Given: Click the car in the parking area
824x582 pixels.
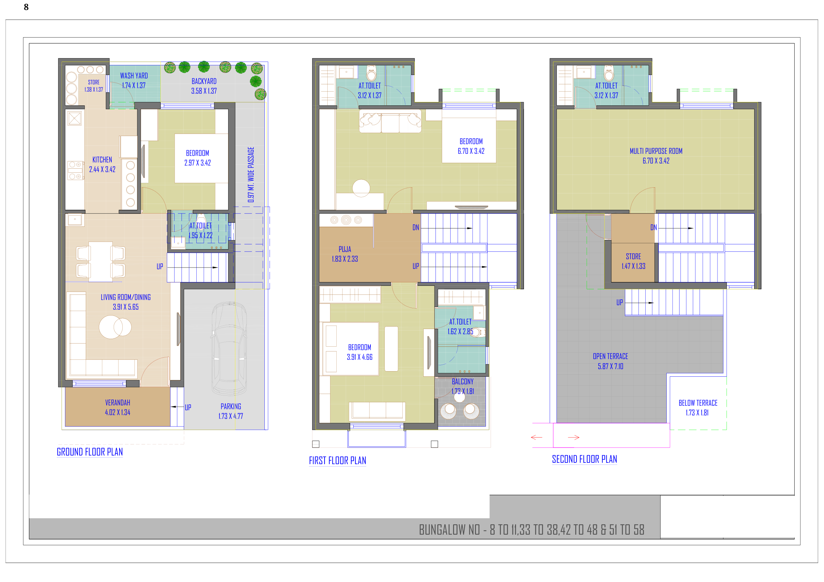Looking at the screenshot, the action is tap(229, 348).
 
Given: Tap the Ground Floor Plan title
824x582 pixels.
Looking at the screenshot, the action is tap(90, 452).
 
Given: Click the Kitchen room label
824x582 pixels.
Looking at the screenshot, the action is tap(102, 160).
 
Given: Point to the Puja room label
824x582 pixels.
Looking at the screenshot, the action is tap(345, 249).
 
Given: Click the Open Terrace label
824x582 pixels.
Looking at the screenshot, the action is tap(610, 356).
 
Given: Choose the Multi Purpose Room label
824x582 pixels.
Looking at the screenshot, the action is tap(656, 151).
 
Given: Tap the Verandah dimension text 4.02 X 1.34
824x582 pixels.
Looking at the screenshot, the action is tap(118, 413).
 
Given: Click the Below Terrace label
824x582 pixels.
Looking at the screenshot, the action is tap(698, 403).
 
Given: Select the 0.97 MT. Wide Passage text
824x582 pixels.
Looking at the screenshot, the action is tap(251, 175).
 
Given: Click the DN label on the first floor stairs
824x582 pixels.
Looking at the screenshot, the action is tap(415, 227).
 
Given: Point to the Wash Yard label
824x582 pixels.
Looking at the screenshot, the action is tap(134, 76).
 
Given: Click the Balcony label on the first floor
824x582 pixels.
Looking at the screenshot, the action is tap(462, 382).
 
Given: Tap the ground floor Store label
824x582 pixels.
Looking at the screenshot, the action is tap(94, 82).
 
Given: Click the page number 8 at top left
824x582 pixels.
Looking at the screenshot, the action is tap(26, 7).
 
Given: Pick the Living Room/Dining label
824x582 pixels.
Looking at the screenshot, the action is tap(125, 297).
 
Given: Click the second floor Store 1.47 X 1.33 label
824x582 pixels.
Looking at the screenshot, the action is tap(634, 261).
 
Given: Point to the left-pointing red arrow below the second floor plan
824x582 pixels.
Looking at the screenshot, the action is tap(536, 438).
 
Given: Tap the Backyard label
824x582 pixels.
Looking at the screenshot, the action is tap(204, 82).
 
